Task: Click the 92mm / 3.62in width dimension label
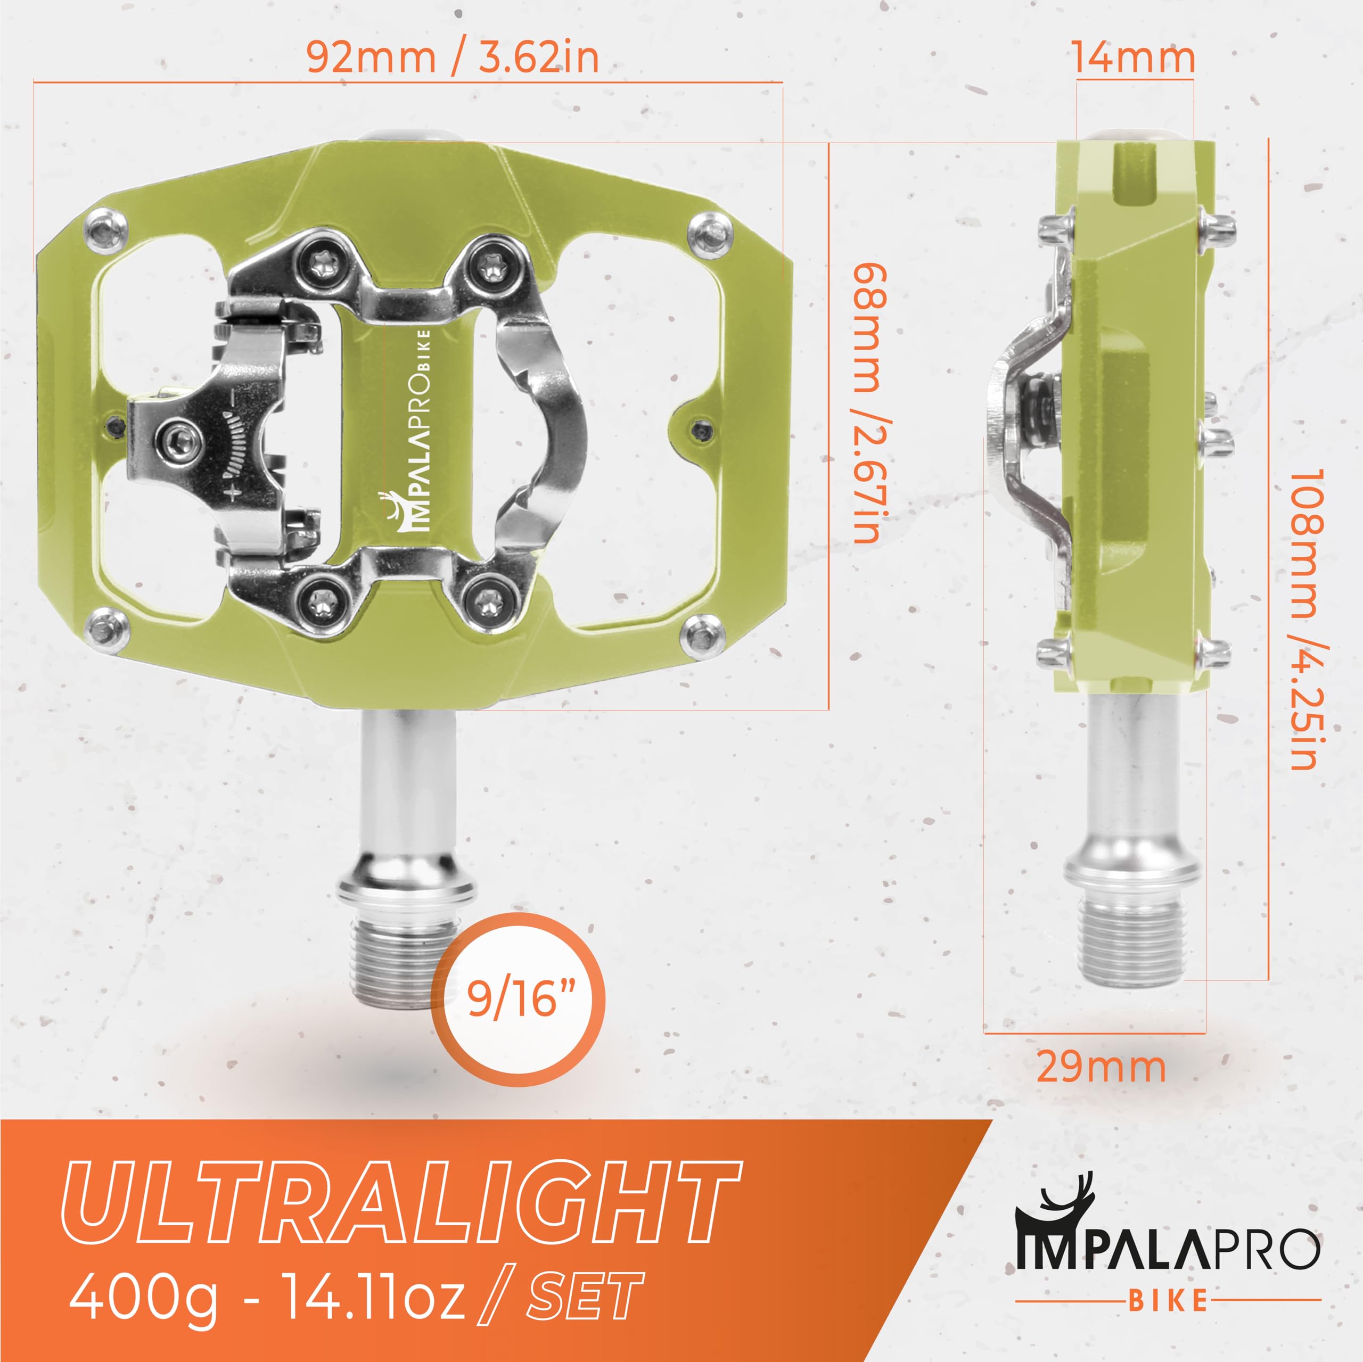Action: (x=452, y=58)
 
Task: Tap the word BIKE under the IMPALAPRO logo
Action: (x=1168, y=1301)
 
